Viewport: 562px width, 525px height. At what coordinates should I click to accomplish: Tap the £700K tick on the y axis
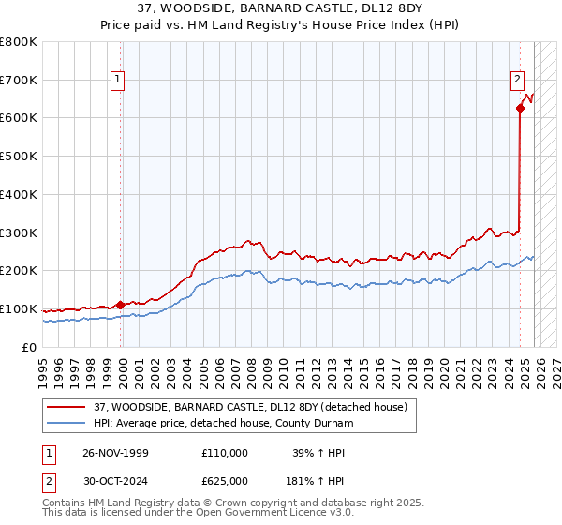coord(19,80)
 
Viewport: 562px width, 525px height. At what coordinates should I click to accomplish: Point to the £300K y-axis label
coord(19,232)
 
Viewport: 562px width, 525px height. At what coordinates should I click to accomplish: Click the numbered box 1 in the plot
coord(118,81)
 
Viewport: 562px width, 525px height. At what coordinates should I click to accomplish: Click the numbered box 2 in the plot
coord(516,81)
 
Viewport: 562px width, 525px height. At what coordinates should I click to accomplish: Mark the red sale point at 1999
coord(120,305)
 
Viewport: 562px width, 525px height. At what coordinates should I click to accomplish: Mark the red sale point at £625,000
coord(520,108)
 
